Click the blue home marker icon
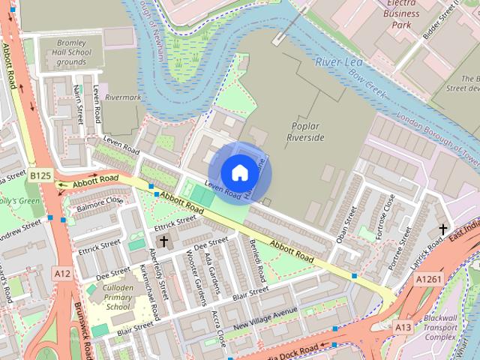pyautogui.click(x=239, y=173)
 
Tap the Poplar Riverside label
pyautogui.click(x=306, y=132)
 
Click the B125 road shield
pyautogui.click(x=40, y=175)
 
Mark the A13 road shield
pyautogui.click(x=403, y=327)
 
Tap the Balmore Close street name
pyautogui.click(x=99, y=202)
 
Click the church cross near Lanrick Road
pyautogui.click(x=442, y=229)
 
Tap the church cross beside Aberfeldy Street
pyautogui.click(x=164, y=242)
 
